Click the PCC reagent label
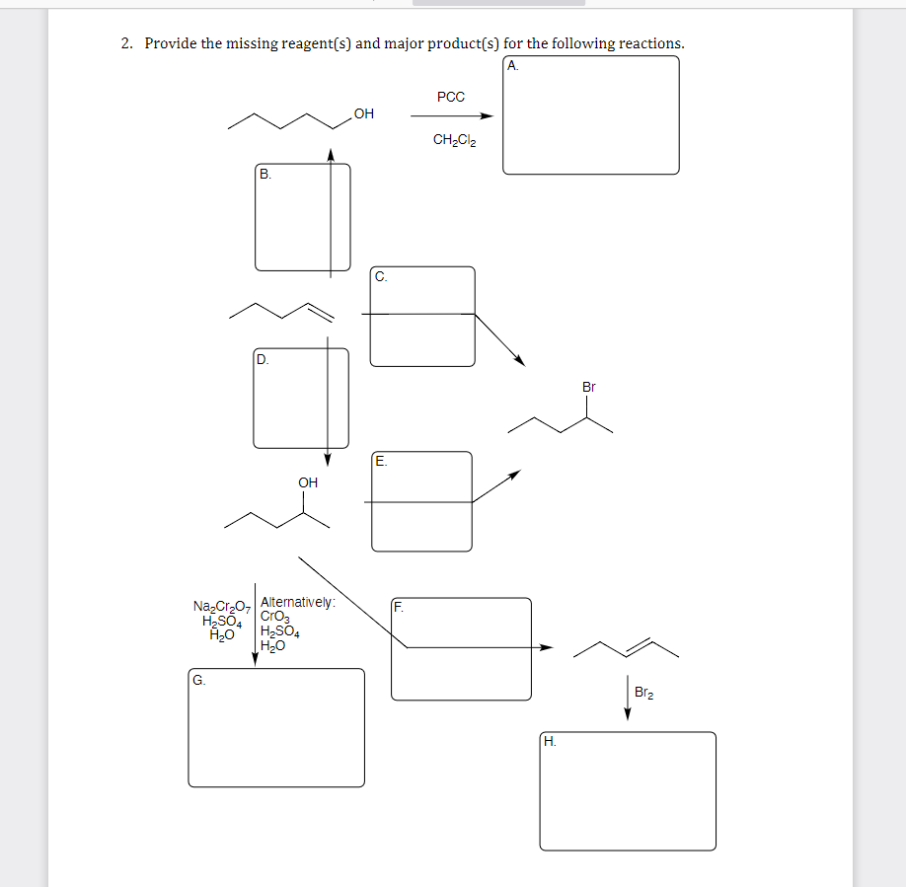(x=450, y=97)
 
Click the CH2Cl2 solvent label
(x=454, y=140)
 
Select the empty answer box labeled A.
(x=590, y=115)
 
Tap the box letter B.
(x=264, y=174)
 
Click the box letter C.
(x=381, y=277)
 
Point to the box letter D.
(x=263, y=359)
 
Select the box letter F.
(x=399, y=608)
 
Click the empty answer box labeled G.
(x=276, y=728)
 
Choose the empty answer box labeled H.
(x=628, y=791)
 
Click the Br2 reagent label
(x=642, y=694)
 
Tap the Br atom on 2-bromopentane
(x=589, y=387)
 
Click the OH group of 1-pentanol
(x=363, y=114)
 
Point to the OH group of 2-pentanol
(x=308, y=482)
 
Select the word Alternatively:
(x=298, y=602)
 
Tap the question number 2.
(x=126, y=43)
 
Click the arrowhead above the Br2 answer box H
(x=628, y=715)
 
